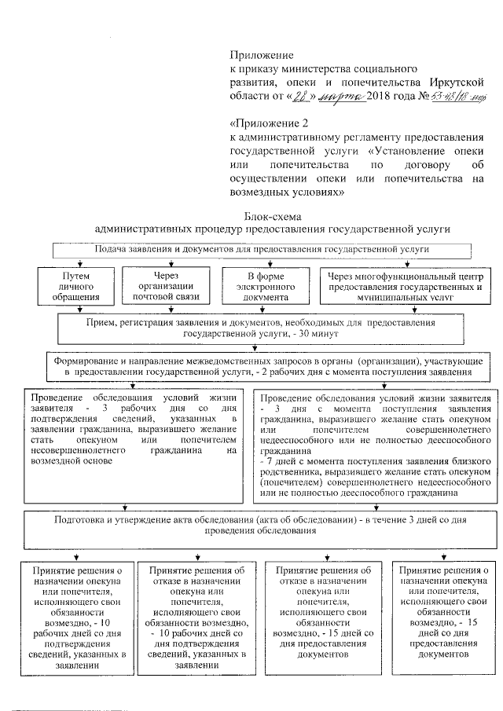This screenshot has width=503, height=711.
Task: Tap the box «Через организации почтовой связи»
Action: click(171, 287)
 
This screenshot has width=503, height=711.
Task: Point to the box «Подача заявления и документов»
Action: click(261, 249)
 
